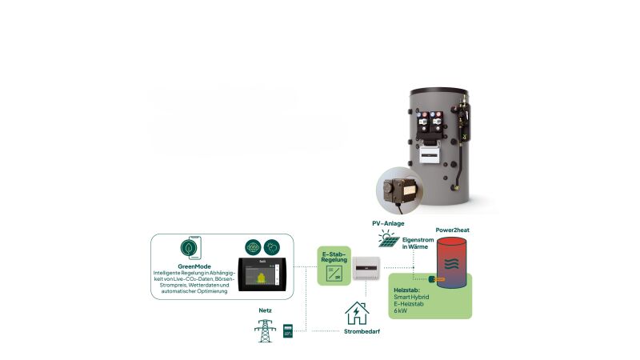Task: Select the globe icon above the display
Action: pyautogui.click(x=254, y=247)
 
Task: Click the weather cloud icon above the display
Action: pyautogui.click(x=273, y=247)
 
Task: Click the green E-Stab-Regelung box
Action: pyautogui.click(x=334, y=266)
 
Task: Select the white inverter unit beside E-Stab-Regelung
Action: pyautogui.click(x=367, y=271)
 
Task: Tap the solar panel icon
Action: pyautogui.click(x=388, y=238)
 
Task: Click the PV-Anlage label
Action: pyautogui.click(x=387, y=224)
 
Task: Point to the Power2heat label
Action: pyautogui.click(x=452, y=230)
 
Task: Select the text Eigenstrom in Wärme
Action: pyautogui.click(x=418, y=243)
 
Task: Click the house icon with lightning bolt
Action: pyautogui.click(x=357, y=313)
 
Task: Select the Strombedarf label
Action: pyautogui.click(x=362, y=330)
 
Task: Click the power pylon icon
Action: pyautogui.click(x=263, y=330)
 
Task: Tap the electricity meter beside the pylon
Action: pyautogui.click(x=288, y=331)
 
